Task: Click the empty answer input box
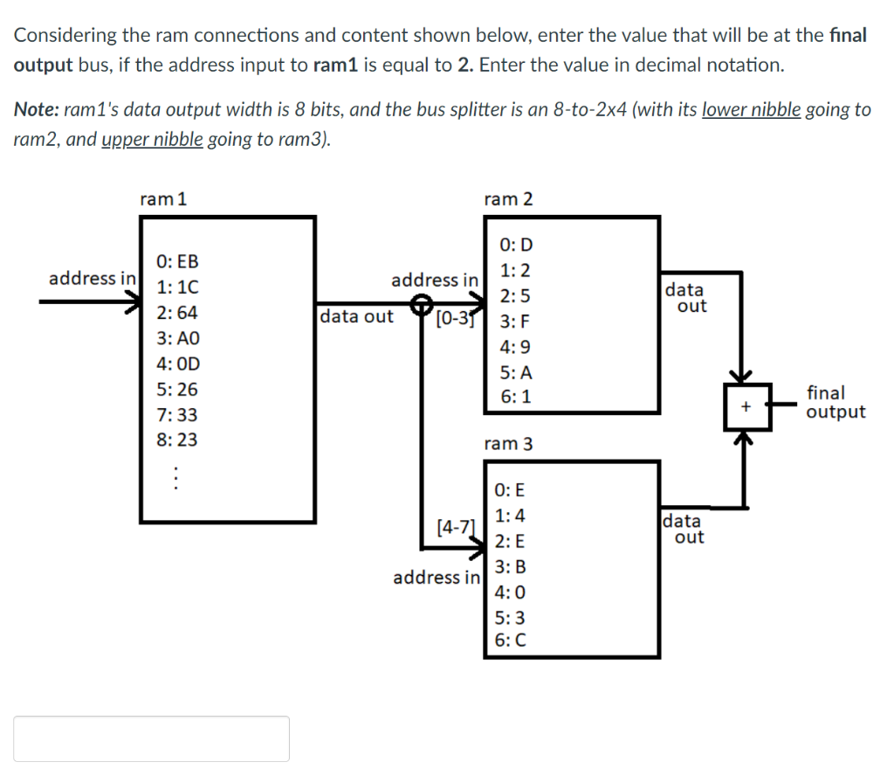pos(151,738)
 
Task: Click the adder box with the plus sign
pos(746,406)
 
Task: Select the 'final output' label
pos(836,402)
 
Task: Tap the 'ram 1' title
pos(163,199)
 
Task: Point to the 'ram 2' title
pos(508,199)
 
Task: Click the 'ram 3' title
pos(508,444)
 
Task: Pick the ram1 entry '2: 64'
pos(176,312)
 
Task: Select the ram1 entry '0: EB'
pos(176,261)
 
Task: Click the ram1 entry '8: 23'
pos(176,440)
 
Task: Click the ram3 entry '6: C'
pos(510,640)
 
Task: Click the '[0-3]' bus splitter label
pos(454,316)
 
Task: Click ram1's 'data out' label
pos(356,316)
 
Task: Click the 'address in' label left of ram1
pos(92,279)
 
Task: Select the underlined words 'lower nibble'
pos(751,109)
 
